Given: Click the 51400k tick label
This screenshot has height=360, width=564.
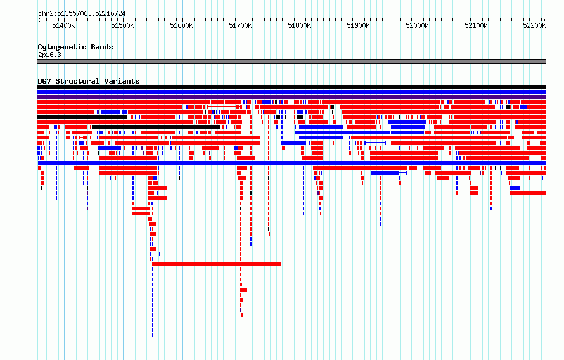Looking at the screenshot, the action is click(x=63, y=25).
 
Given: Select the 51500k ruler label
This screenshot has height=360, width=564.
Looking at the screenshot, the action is click(x=122, y=25).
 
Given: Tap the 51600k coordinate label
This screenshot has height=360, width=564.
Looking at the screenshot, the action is click(x=181, y=25).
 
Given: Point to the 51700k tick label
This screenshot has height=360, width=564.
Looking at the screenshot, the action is click(x=240, y=25).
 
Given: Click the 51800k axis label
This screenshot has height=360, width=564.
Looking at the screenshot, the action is click(x=299, y=25).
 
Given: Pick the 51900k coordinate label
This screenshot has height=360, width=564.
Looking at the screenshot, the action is click(x=358, y=25).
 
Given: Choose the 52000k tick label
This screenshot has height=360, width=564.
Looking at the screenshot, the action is click(x=417, y=25).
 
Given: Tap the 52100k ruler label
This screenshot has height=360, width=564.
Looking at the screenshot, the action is click(x=477, y=25).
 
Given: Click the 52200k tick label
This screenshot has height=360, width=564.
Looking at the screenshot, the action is click(x=534, y=25).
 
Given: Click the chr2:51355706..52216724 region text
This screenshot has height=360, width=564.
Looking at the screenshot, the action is click(x=82, y=14).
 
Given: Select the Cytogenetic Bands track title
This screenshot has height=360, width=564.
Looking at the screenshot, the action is click(x=75, y=47).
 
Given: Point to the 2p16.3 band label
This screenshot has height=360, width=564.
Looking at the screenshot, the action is click(x=49, y=55).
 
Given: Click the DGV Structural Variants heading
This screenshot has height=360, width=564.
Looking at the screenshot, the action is click(x=89, y=81).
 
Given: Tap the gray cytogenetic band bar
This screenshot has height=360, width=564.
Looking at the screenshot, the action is click(x=292, y=61).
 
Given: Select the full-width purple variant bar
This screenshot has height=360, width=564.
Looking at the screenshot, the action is click(x=292, y=97).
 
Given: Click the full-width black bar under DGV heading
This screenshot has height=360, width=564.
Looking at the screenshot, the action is click(x=292, y=87).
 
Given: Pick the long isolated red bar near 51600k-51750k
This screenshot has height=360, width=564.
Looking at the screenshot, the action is click(x=217, y=264).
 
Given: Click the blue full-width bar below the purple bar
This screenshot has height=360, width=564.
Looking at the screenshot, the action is click(x=292, y=92).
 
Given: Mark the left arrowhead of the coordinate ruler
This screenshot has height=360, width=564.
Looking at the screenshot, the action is click(x=39, y=20).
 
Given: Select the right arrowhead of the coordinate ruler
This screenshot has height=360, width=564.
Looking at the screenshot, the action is click(x=544, y=20).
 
